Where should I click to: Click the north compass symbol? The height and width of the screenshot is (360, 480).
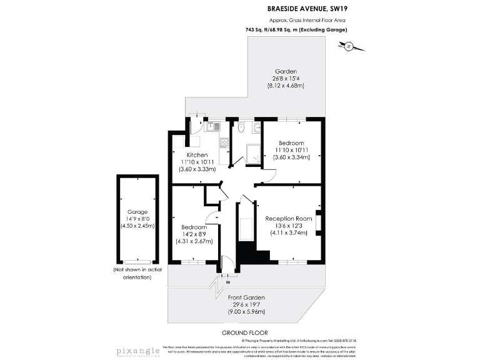point(348,46)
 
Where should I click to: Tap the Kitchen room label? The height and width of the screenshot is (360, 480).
point(197,154)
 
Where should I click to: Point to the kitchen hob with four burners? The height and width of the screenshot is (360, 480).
point(222,143)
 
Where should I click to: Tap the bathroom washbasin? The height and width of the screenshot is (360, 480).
point(256,127)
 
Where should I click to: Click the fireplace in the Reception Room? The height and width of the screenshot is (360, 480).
point(319,223)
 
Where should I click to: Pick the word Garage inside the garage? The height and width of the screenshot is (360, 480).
point(137,211)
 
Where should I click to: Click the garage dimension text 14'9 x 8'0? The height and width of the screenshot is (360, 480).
point(137,219)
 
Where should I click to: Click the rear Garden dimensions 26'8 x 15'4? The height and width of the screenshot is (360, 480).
point(288,78)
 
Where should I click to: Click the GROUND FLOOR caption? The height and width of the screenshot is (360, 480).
point(245,332)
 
